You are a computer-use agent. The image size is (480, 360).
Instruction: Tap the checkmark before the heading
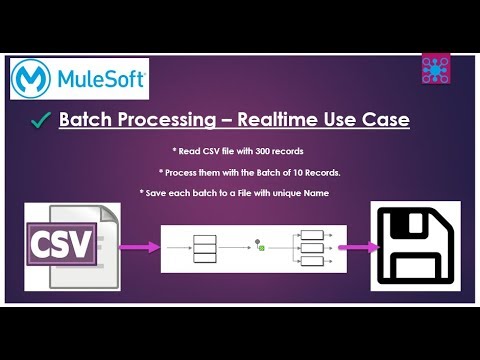(x=41, y=121)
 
